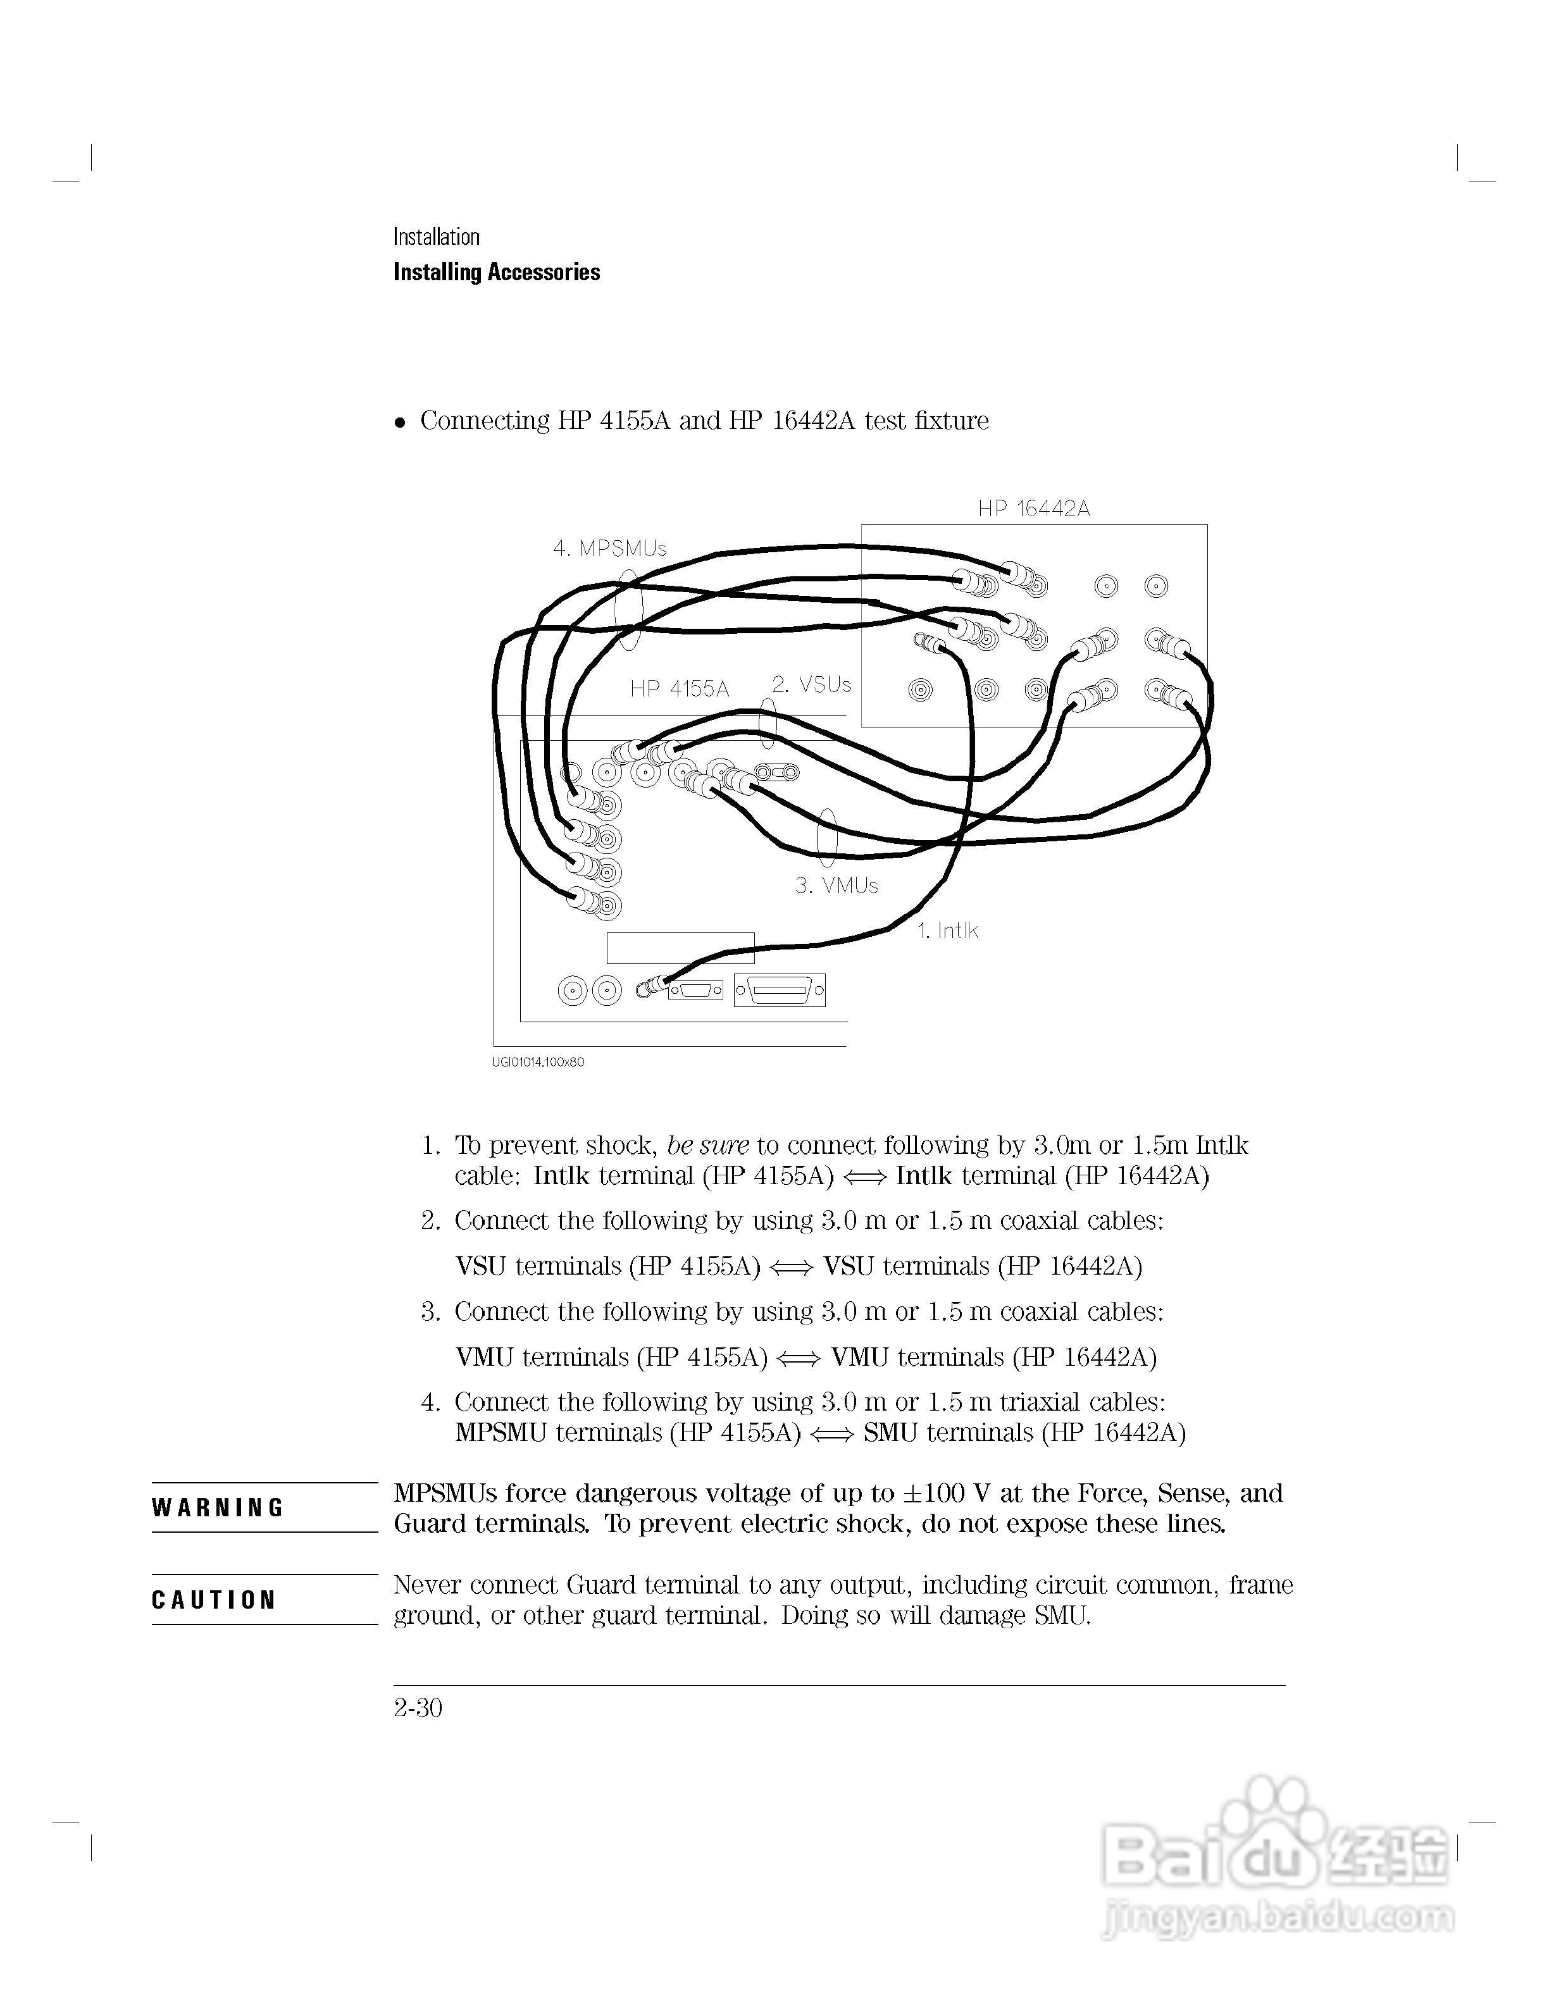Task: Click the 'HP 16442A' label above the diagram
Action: tap(1033, 509)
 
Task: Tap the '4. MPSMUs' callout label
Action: tap(609, 548)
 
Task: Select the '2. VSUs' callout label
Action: tap(811, 684)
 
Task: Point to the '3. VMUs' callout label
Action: tap(836, 886)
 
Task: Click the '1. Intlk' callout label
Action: tap(948, 931)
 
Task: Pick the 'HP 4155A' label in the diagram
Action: tap(679, 689)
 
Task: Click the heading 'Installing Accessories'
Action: tap(497, 273)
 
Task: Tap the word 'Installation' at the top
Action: tap(436, 237)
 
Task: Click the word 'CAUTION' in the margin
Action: tap(214, 1600)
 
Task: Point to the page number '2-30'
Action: tap(418, 1707)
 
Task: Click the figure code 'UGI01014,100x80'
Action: tap(538, 1063)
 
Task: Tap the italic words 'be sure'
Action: tap(707, 1145)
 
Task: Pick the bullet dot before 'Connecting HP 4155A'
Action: tap(399, 423)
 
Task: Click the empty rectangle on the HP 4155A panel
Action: tap(680, 948)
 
